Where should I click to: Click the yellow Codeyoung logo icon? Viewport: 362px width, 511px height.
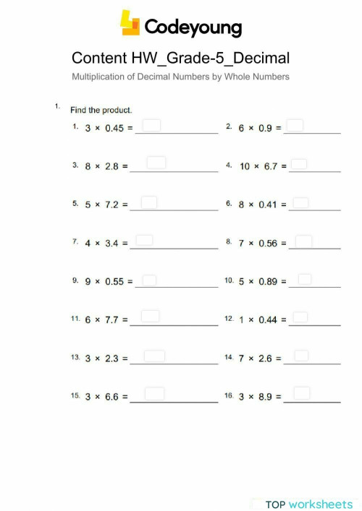[x=130, y=23]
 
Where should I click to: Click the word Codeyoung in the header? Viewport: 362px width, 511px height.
[x=193, y=27]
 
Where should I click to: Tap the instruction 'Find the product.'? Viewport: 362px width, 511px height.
[x=101, y=111]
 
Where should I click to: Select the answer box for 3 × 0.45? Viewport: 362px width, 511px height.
[x=151, y=126]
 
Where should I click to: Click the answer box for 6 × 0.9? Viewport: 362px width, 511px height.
[x=295, y=126]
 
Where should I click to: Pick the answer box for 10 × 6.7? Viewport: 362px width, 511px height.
[x=299, y=165]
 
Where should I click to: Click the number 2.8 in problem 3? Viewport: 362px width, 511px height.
[x=111, y=166]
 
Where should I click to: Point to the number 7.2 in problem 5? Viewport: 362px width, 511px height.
[x=111, y=205]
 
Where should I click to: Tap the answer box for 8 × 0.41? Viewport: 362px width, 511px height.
[x=301, y=203]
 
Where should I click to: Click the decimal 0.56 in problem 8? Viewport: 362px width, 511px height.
[x=267, y=244]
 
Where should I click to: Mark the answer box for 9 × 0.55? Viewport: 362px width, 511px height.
[x=149, y=280]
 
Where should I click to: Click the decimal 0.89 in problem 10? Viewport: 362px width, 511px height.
[x=267, y=282]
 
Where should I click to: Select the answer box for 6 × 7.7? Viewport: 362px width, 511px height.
[x=150, y=316]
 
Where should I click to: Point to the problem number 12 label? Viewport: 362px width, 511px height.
[x=229, y=319]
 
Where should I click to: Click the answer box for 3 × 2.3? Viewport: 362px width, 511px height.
[x=154, y=356]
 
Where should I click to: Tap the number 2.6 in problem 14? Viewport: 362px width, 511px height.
[x=265, y=358]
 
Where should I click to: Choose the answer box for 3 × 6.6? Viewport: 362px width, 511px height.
[x=154, y=394]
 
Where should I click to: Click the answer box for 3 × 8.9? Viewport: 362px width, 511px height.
[x=302, y=393]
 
